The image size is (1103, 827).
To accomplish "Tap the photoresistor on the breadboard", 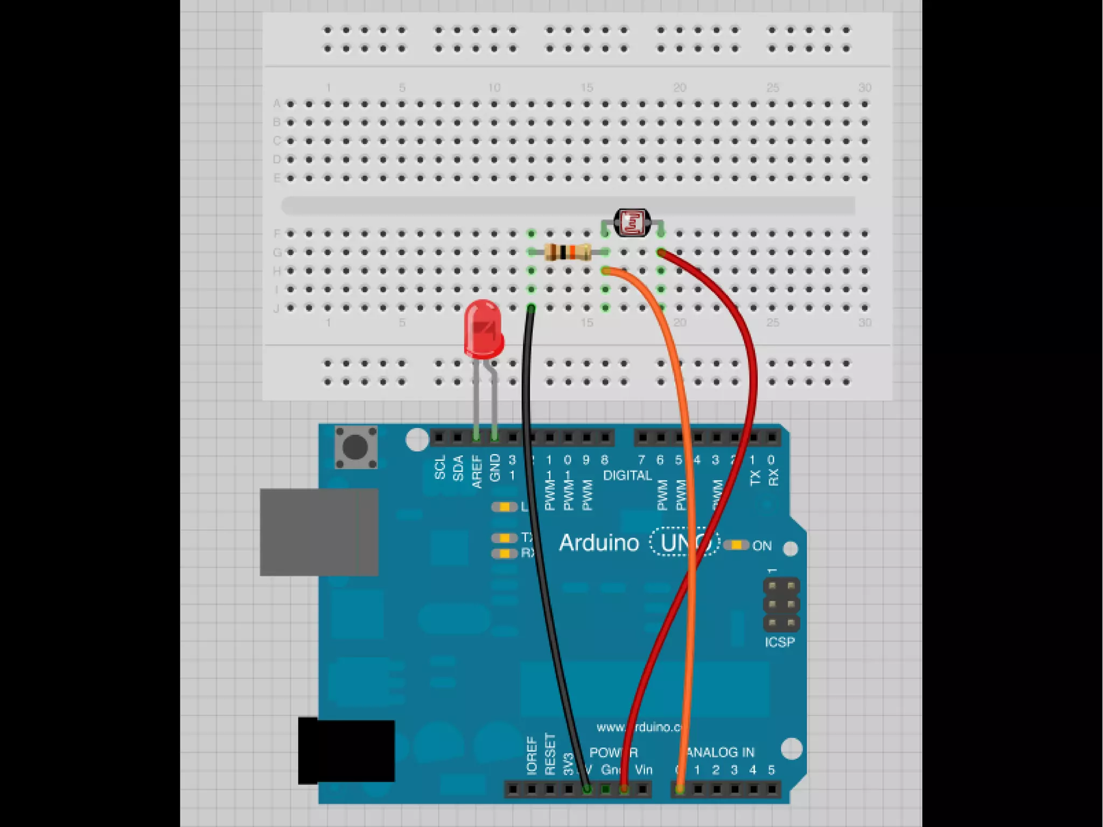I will click(x=632, y=223).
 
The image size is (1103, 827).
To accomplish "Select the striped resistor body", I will click(x=567, y=252).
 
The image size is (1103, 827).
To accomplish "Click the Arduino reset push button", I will click(x=355, y=447).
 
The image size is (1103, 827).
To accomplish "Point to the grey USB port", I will click(x=319, y=532).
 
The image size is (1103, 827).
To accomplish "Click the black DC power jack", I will click(x=346, y=750).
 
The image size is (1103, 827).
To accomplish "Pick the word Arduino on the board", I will click(x=599, y=543).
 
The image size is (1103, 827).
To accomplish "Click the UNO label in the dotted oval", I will click(x=684, y=543).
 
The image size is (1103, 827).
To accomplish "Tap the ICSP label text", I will click(x=779, y=642).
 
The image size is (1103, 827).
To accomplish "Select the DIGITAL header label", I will click(x=627, y=476).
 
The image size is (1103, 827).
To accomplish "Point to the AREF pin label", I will click(x=477, y=472).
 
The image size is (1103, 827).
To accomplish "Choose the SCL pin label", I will click(x=440, y=468).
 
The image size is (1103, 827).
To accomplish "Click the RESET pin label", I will click(x=550, y=754).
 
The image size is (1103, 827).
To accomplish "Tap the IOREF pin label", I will click(x=532, y=756).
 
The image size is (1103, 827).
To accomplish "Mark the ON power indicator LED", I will click(x=736, y=545).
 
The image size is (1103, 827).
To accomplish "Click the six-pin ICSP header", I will click(x=781, y=604).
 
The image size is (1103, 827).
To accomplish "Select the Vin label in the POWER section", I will click(x=644, y=770).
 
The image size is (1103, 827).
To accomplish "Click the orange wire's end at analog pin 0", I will click(x=680, y=789).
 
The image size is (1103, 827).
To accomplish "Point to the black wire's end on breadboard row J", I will click(x=532, y=309).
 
